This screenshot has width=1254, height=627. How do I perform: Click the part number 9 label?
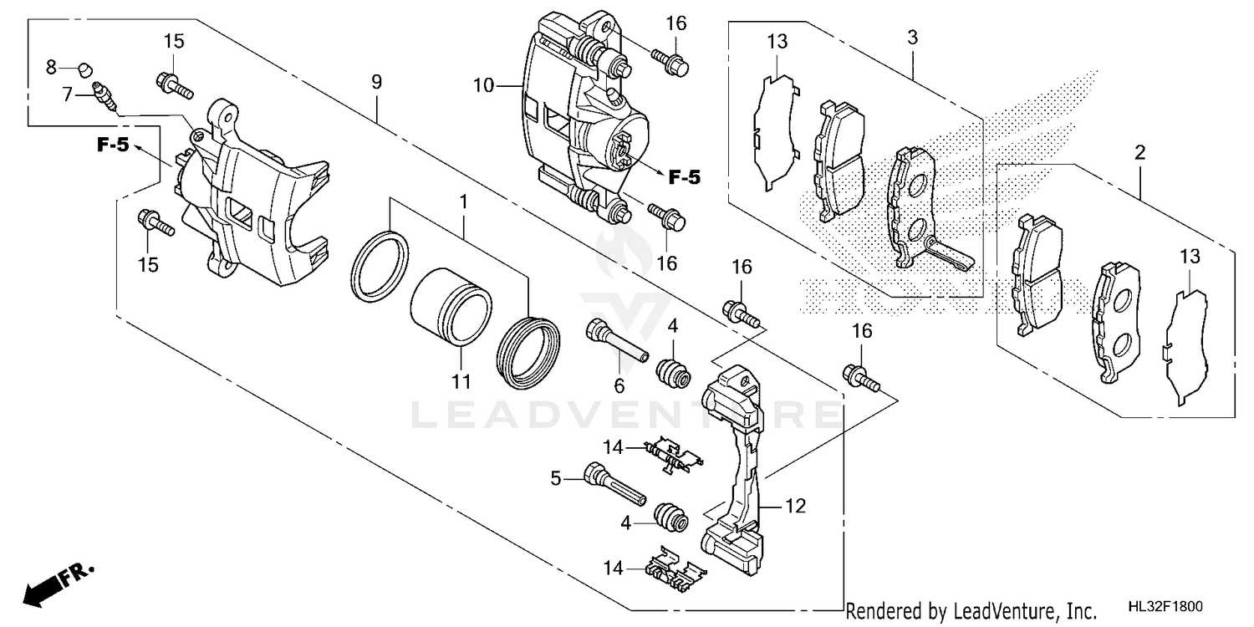click(376, 82)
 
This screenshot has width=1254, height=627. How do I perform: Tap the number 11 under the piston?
click(461, 383)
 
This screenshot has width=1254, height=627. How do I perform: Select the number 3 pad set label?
click(912, 38)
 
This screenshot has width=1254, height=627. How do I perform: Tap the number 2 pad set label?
click(1139, 153)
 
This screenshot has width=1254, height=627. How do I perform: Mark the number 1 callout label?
click(462, 201)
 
